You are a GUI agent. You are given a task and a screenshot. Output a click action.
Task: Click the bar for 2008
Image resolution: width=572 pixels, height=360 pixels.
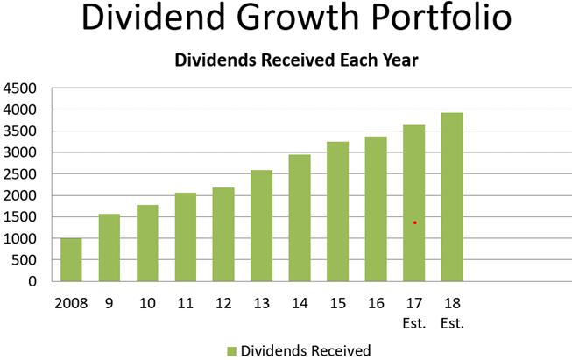[x=71, y=259]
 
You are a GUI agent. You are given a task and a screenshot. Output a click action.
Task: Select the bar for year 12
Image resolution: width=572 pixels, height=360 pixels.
[x=223, y=234]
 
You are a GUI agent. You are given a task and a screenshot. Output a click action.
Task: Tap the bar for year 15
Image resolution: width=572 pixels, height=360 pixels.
[x=337, y=211]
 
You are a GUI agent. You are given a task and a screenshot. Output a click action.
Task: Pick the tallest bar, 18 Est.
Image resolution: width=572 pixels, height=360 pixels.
[x=451, y=196]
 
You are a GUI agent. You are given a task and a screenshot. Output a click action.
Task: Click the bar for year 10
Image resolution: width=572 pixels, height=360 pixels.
[x=147, y=243]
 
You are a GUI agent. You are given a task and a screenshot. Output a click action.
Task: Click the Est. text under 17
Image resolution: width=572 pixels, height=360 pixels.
[x=413, y=323]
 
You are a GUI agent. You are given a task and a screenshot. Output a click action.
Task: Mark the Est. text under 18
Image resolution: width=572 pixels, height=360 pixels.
[x=452, y=323]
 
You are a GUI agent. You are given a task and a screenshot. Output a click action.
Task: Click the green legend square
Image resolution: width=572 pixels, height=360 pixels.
[x=231, y=351]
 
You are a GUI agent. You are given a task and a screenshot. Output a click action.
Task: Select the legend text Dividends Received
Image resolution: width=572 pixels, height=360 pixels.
[x=306, y=351]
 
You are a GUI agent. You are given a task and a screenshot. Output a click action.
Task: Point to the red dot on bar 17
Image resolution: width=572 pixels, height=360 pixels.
[x=414, y=222]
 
